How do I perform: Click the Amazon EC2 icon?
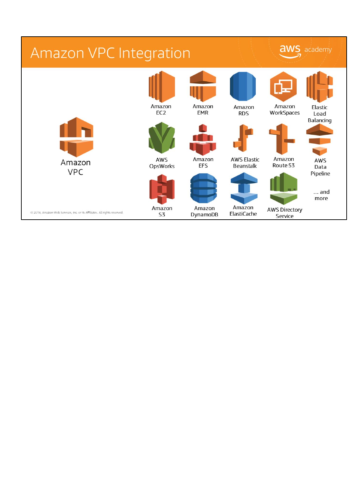point(162,86)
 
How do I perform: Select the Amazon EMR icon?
point(203,86)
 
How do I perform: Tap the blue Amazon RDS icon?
point(243,86)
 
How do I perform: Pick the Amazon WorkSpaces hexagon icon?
point(283,86)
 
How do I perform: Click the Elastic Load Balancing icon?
point(320,87)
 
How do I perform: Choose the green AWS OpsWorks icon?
point(162,138)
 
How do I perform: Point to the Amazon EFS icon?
point(203,140)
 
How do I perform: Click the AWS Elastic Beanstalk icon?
point(243,138)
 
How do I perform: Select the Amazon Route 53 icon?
point(282,139)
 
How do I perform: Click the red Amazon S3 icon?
point(162,189)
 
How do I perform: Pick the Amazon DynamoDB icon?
point(204,188)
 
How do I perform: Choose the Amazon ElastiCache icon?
point(244,188)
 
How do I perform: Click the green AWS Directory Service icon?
point(284,189)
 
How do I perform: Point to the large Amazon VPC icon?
point(76,137)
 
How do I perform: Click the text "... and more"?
point(321,195)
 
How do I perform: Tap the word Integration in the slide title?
point(154,53)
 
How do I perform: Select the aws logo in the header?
point(290,51)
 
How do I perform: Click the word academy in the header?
point(318,50)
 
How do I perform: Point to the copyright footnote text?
point(77,212)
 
